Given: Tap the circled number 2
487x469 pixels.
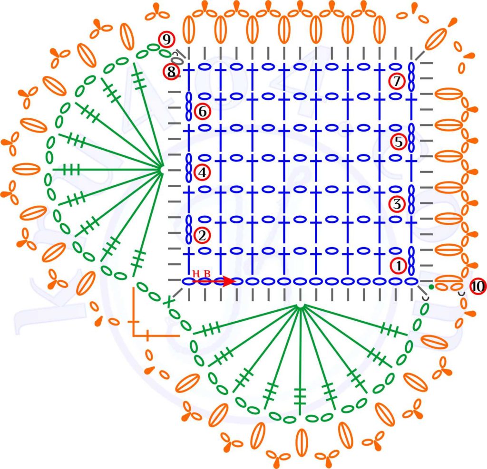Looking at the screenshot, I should (201, 235).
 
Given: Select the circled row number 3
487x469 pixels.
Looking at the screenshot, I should (397, 204).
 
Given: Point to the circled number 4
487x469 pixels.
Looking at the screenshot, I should (202, 172).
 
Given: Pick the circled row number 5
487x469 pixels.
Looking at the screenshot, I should (398, 141).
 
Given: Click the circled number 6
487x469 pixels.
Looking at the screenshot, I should (202, 112).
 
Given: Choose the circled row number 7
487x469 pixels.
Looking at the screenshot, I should (397, 81).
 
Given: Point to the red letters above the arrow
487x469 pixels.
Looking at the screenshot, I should (201, 273).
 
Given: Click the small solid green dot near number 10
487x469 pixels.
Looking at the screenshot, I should (431, 287).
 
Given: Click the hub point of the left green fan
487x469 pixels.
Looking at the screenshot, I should (162, 169).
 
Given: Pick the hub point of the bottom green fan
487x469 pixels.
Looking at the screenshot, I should (300, 306).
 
